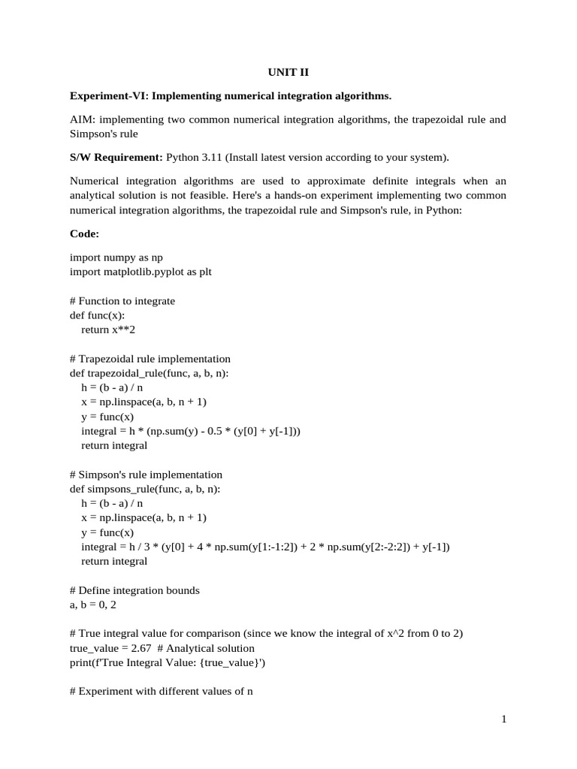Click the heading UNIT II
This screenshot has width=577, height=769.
coord(288,73)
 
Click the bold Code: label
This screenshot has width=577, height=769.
coord(84,234)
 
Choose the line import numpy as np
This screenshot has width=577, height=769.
coord(116,257)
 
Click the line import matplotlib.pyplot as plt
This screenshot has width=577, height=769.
coord(140,271)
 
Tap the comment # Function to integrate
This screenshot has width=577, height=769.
coord(122,300)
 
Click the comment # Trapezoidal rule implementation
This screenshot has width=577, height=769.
coord(150,359)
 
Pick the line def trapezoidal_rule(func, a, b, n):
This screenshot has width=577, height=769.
coord(150,373)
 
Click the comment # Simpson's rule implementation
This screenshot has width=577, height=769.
coord(146,475)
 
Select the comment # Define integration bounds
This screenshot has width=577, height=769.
coord(134,590)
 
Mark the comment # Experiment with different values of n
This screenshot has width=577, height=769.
coord(161,692)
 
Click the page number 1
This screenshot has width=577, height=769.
coord(504,719)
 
